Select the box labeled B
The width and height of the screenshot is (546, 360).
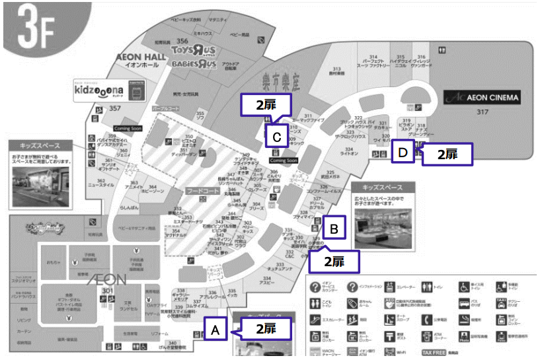coord(334,229)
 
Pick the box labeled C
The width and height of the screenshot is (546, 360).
coord(278,137)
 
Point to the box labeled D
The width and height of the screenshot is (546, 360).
coord(402,151)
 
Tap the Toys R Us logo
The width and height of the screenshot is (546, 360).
coord(194,51)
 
